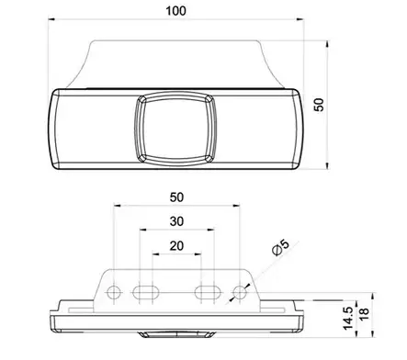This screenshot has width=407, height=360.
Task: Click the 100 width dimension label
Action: [x=175, y=11]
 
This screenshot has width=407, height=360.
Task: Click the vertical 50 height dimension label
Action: [x=319, y=105]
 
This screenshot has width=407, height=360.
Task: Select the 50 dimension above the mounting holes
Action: [x=176, y=197]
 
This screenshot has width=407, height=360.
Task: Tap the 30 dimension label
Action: [x=176, y=221]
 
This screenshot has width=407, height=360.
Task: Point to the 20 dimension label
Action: [x=176, y=246]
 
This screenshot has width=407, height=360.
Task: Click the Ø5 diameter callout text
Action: [x=280, y=248]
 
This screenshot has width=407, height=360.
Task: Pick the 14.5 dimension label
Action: [x=348, y=319]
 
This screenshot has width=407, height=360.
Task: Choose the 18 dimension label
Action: [x=364, y=314]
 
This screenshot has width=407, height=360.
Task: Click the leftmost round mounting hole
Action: [x=114, y=292]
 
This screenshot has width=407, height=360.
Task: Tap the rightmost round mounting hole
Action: [x=240, y=292]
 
